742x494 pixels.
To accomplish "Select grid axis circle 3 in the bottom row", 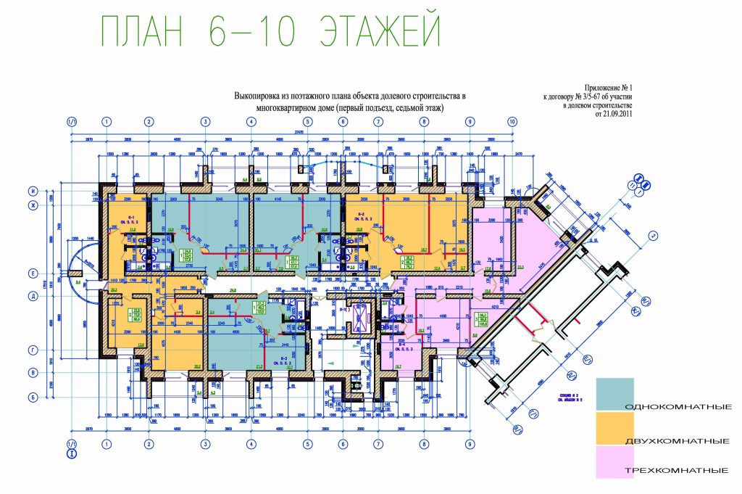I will tap(205, 443).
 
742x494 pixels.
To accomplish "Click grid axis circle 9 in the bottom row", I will tap(470, 443).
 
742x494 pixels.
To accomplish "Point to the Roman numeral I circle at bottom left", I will tap(71, 455).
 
